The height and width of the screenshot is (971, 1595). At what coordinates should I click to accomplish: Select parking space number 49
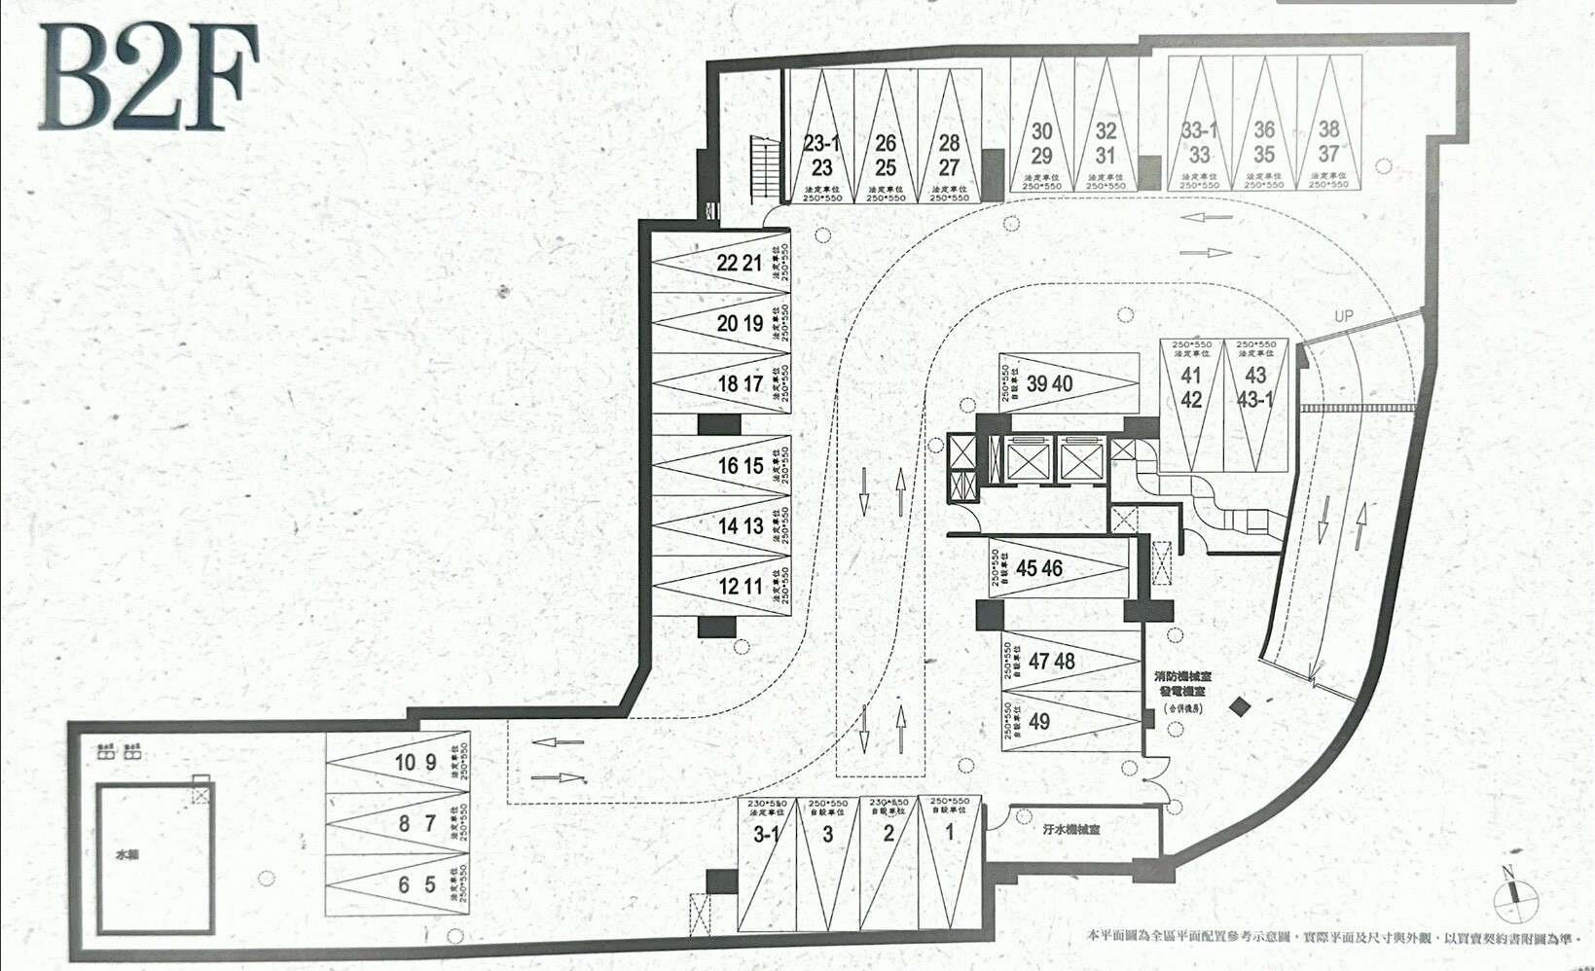click(1039, 722)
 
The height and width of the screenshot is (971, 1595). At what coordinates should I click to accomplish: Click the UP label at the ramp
click(1344, 316)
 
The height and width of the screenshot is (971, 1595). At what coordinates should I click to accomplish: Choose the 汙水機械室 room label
click(1071, 830)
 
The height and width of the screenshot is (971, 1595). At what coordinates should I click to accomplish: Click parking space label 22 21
click(740, 263)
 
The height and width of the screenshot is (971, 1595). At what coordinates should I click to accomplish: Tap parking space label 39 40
click(1049, 384)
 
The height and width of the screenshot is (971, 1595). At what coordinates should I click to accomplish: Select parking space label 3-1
click(767, 835)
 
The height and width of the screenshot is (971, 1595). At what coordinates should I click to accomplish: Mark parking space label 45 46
click(1039, 567)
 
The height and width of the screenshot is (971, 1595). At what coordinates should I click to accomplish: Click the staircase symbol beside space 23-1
click(764, 168)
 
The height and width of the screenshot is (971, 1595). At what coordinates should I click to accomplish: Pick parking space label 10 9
click(416, 763)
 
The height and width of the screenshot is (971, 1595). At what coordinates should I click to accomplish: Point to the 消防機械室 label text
click(1182, 676)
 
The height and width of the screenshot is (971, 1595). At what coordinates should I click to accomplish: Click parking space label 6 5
click(417, 886)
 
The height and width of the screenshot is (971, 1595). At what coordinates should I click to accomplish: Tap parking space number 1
click(950, 833)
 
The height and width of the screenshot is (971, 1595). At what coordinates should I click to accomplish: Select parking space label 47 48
click(1052, 662)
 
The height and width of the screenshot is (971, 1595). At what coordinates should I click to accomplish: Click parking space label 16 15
click(741, 466)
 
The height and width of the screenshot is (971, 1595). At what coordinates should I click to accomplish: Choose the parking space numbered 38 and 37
click(1328, 142)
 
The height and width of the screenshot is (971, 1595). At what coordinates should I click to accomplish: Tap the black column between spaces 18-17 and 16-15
click(719, 424)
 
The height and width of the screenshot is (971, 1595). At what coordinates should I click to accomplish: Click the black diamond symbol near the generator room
click(1239, 707)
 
